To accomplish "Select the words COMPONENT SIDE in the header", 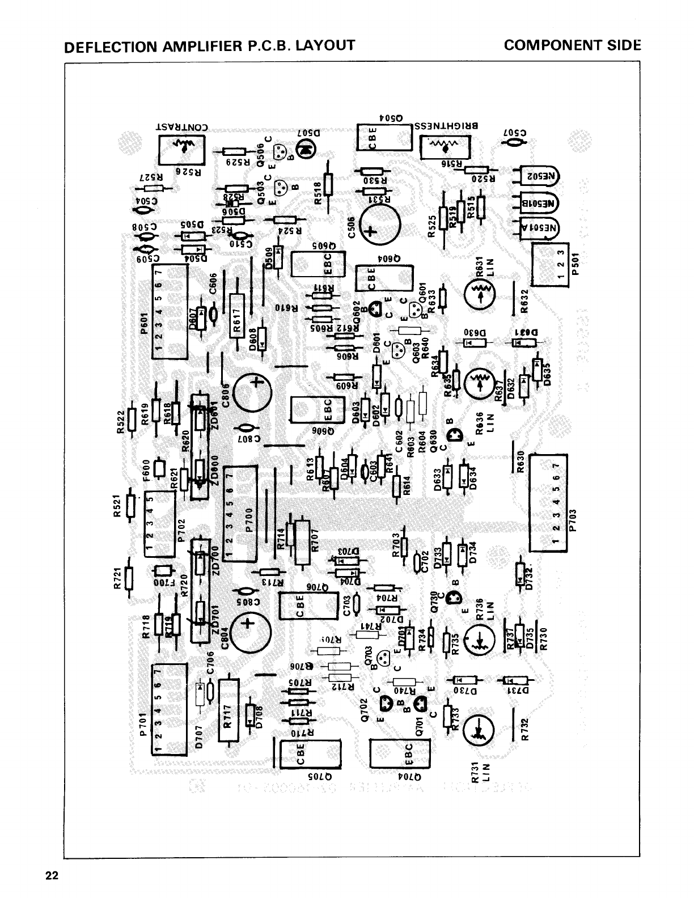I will click(572, 45).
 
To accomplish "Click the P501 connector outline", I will click(549, 264).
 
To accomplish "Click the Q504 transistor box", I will click(384, 137).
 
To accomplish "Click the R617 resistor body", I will click(236, 316).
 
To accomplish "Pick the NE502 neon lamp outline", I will click(539, 176).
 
